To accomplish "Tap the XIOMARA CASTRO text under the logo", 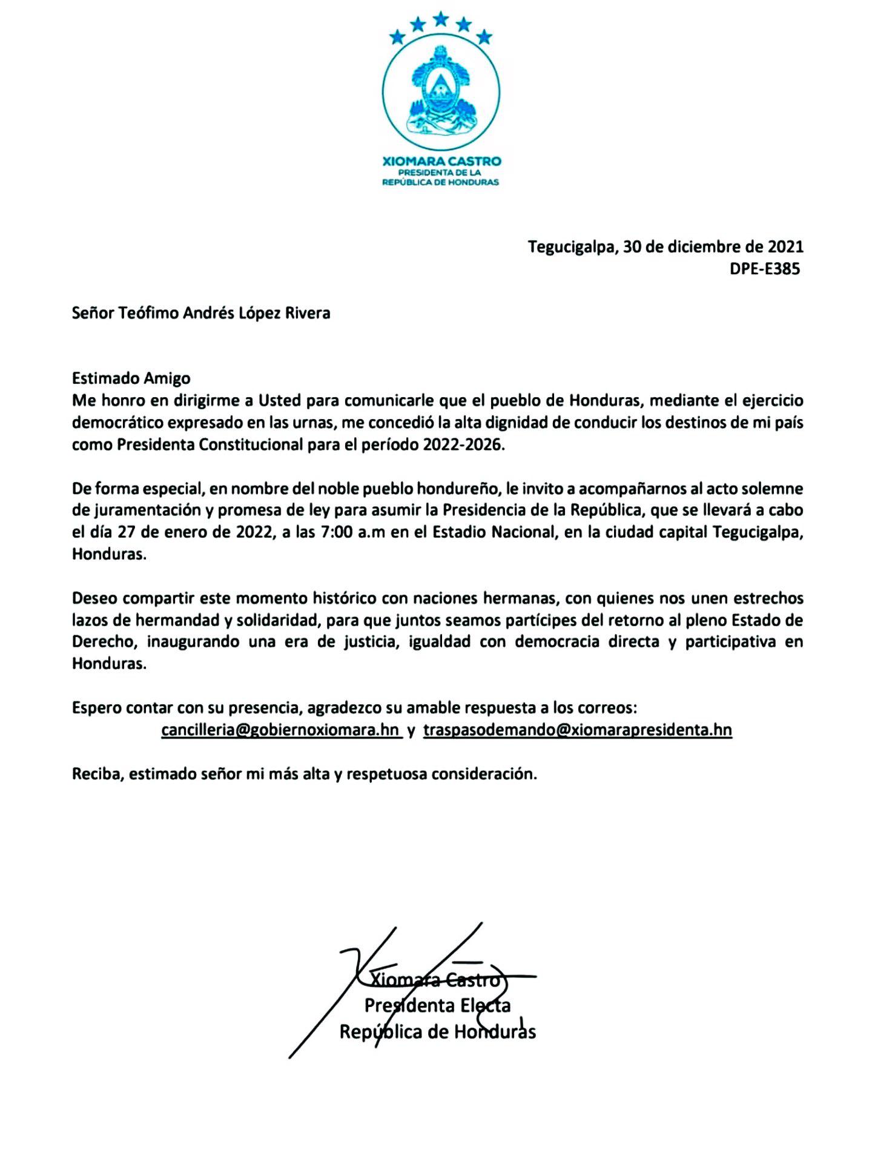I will pos(441,161).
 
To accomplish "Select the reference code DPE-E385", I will pos(765,269).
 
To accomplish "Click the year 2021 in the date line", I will pos(785,247).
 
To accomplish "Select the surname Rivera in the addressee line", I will pos(308,313).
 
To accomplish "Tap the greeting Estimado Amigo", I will pos(131,378).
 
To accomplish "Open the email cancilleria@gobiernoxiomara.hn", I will pos(280,730).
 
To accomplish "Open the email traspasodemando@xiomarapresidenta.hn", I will pos(577,730).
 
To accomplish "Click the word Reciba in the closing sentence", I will pos(97,774).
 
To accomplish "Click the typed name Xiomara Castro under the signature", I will pos(435,979).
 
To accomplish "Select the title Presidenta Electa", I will pos(437,1005).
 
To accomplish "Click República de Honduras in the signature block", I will pos(437,1031).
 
